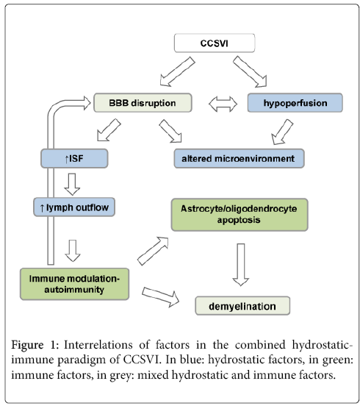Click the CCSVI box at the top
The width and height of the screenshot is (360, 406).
[215, 43]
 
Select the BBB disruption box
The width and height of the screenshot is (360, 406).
[143, 103]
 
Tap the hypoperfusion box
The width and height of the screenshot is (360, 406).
[295, 103]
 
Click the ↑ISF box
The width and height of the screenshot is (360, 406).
[74, 158]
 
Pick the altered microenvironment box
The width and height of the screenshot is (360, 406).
[239, 158]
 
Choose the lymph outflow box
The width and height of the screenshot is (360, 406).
[74, 207]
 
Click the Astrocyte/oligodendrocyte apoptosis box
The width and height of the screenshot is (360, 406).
[240, 215]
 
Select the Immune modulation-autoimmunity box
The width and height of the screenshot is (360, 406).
[74, 284]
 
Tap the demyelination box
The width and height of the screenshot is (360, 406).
[242, 306]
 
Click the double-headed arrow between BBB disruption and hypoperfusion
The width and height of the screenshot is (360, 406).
[223, 104]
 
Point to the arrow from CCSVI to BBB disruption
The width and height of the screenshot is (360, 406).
[177, 72]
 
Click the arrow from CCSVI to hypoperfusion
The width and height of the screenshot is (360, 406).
[250, 71]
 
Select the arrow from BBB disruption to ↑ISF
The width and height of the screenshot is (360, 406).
[109, 130]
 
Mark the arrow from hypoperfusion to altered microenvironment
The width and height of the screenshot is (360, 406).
[282, 132]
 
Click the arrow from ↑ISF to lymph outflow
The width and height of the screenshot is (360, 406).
[72, 184]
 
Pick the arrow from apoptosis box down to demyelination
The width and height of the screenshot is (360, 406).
[241, 265]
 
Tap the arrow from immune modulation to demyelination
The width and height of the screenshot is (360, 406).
[161, 297]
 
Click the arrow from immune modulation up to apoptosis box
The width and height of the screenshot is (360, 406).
[153, 251]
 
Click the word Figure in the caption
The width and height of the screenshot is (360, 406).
[27, 346]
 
